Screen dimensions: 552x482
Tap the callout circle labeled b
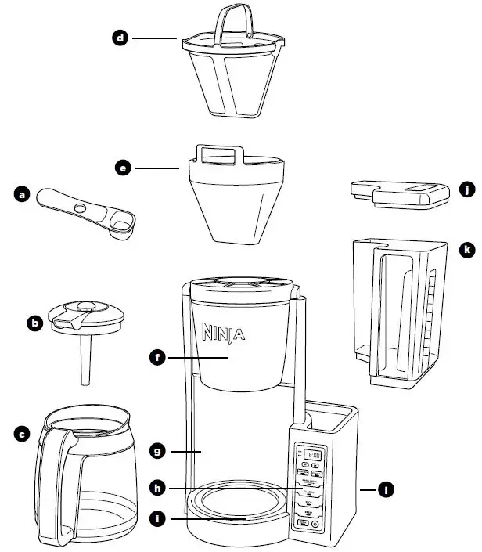click(x=34, y=321)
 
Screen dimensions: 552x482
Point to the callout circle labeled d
click(x=120, y=37)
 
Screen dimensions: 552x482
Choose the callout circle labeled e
click(x=121, y=168)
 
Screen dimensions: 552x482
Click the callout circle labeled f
click(x=157, y=358)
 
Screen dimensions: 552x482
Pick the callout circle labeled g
click(x=157, y=451)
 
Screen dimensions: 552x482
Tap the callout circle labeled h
click(x=157, y=488)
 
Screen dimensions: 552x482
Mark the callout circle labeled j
click(x=467, y=189)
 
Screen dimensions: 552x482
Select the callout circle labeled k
click(x=467, y=250)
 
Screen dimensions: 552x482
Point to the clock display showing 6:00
click(x=313, y=455)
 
